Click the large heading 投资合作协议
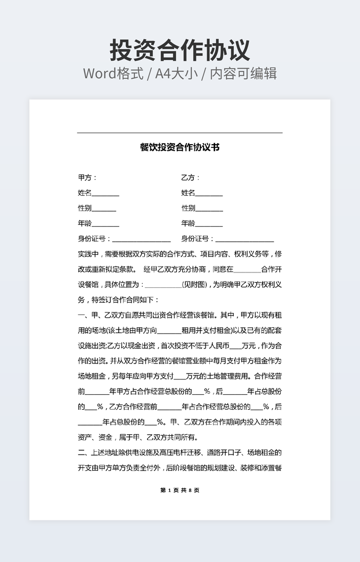point(180,50)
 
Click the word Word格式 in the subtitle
point(113,73)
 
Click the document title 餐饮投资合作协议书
point(179,147)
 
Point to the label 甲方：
point(87,178)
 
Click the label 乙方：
point(191,178)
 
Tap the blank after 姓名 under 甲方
point(105,194)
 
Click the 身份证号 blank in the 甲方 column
point(141,240)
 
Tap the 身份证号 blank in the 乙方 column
point(244,240)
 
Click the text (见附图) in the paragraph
point(196,285)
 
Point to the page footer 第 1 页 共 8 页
point(179,490)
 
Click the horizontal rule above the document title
point(179,133)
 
